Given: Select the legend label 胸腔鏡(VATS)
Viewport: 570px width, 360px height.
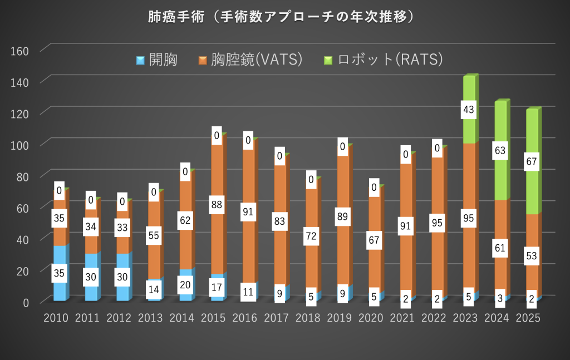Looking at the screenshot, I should pos(257,60).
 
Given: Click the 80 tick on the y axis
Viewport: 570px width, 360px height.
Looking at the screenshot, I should pos(21,176).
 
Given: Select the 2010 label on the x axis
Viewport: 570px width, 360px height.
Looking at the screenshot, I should pos(56,318).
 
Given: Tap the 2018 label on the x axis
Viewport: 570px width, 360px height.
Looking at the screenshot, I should pos(308,318).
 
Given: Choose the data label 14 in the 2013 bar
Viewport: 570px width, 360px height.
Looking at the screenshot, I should pos(154,289).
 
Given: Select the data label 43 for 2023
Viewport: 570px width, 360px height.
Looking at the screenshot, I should pos(469,110).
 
